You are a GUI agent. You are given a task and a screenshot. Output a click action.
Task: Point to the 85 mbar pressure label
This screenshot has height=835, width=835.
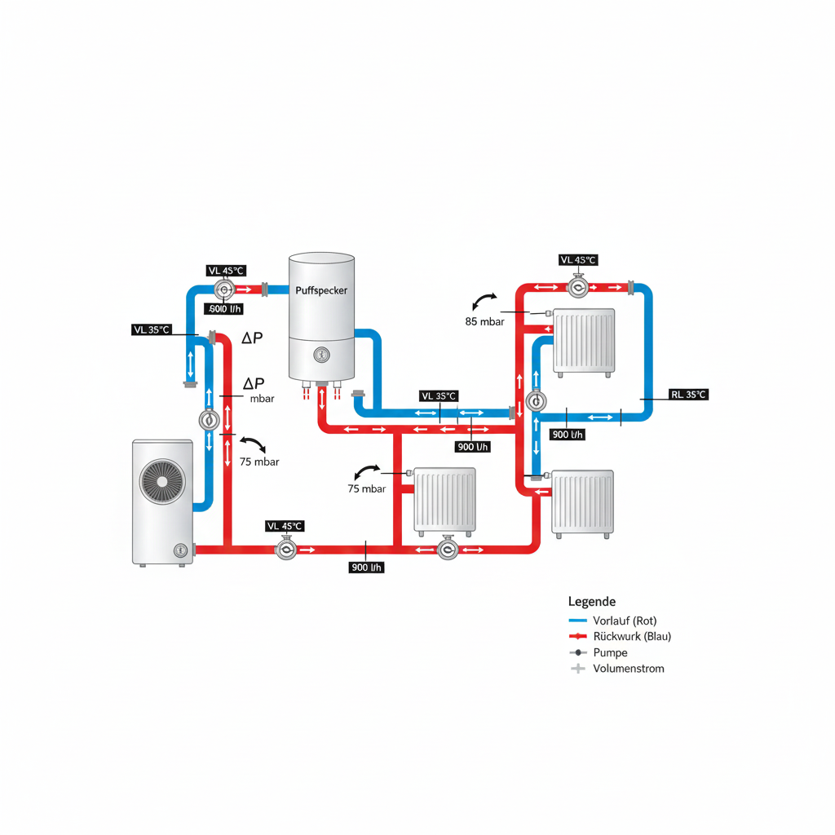tap(485, 321)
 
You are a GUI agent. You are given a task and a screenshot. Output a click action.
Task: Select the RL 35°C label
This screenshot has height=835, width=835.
tap(688, 395)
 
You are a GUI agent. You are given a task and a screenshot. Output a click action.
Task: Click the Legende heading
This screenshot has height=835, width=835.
tap(591, 601)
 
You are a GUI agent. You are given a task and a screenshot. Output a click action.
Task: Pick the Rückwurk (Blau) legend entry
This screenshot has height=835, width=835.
tap(633, 636)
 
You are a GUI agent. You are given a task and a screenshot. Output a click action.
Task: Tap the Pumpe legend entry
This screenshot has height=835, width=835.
tap(611, 652)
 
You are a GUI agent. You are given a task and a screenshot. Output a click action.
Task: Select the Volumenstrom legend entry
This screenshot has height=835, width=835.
tap(629, 669)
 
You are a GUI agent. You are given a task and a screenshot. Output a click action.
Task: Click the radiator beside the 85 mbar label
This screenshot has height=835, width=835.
tap(585, 339)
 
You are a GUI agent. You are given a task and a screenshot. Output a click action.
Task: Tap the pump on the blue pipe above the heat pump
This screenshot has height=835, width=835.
tap(210, 419)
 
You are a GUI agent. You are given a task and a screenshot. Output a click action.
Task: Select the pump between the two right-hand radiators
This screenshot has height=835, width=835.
tap(537, 401)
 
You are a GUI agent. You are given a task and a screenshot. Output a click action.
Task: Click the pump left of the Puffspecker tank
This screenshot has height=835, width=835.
tap(223, 289)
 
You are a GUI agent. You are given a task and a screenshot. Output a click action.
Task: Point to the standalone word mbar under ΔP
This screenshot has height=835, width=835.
tap(263, 399)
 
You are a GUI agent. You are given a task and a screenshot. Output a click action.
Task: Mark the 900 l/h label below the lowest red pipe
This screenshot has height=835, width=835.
tap(366, 568)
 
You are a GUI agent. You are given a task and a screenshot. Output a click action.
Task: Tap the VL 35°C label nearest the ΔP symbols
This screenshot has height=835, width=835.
tap(152, 329)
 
